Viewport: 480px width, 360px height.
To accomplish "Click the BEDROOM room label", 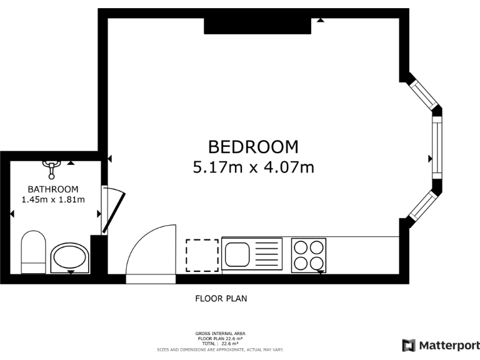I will point(253,147).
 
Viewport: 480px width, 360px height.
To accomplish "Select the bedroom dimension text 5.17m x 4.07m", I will point(253,167).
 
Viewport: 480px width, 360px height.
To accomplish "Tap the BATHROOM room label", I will point(53,189).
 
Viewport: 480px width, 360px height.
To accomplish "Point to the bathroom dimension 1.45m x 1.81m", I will point(53,199).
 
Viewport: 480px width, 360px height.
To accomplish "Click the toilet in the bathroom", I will point(34,252).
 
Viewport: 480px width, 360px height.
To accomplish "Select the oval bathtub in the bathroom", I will point(69,257).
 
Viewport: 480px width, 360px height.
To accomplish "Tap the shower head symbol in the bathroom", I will point(51,166).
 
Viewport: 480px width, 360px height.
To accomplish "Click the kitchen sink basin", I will point(237,254).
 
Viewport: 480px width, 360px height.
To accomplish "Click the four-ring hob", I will point(309,255).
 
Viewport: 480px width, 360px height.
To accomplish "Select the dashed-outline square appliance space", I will point(202,255).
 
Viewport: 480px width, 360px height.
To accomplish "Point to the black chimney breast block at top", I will point(257,26).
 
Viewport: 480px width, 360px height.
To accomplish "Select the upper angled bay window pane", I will point(422,94).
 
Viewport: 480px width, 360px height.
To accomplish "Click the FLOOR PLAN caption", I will point(221,299).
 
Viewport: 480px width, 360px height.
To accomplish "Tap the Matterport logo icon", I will point(409,346).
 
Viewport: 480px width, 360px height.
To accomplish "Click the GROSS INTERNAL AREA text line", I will point(221,334).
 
